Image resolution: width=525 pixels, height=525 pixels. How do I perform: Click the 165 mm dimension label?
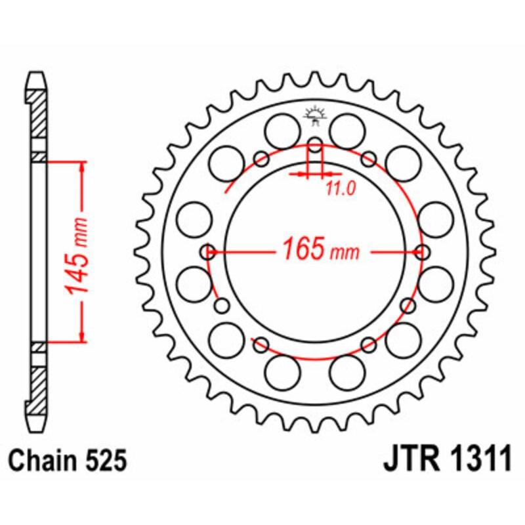tap(321, 249)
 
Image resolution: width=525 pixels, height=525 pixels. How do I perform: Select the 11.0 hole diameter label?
tap(340, 189)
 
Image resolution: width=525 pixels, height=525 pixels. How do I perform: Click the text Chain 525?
tap(68, 461)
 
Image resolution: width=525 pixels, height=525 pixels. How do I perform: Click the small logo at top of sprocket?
tap(314, 116)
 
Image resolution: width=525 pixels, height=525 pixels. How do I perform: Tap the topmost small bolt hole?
tap(315, 145)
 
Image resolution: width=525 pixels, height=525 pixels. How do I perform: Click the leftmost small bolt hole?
tap(208, 252)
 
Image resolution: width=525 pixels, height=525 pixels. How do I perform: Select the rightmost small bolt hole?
tap(422, 252)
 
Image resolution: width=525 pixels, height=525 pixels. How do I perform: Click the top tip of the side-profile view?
tap(37, 73)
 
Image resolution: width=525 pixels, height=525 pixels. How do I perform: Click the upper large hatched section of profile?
tap(37, 113)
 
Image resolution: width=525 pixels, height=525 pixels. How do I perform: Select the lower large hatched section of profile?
tap(37, 390)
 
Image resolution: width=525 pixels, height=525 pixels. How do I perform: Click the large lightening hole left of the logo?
tap(282, 131)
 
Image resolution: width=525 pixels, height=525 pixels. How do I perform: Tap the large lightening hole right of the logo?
tap(347, 131)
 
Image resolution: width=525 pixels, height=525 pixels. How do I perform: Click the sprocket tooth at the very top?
tap(315, 77)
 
